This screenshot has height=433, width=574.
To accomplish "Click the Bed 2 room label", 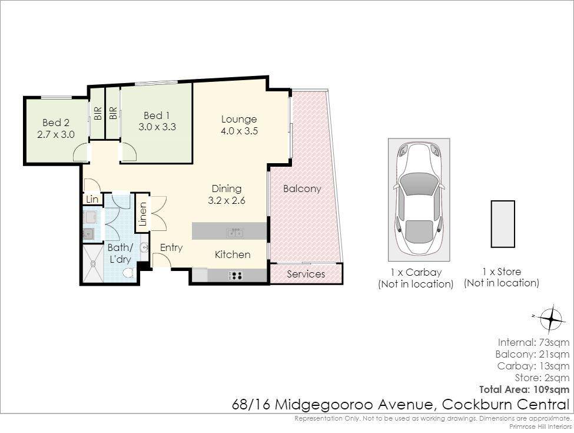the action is click(56, 123).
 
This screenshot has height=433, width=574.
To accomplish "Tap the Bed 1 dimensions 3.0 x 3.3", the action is click(157, 127).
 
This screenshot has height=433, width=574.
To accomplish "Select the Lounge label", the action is click(239, 120).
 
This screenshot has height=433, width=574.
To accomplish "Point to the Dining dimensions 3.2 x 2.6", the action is click(227, 200).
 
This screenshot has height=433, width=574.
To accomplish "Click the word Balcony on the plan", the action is click(302, 189).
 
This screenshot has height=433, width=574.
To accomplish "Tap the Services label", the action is click(306, 274).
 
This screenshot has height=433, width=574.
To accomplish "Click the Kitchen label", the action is click(233, 254).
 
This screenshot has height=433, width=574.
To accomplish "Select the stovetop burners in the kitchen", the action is click(235, 275).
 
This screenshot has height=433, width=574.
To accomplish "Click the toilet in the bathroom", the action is click(128, 273).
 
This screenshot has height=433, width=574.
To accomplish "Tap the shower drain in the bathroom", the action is click(92, 263).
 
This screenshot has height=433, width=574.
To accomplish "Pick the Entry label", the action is click(171, 248).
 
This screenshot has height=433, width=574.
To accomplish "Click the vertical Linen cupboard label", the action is click(143, 214).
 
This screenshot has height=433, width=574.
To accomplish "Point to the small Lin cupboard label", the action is click(92, 199).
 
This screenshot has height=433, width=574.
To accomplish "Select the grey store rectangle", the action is click(503, 224).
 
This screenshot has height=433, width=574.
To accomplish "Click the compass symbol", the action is click(550, 318).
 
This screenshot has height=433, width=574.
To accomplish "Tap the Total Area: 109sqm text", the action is click(524, 389).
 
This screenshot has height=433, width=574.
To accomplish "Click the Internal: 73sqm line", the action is click(533, 342).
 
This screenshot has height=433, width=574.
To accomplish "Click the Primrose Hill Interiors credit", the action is click(540, 427).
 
